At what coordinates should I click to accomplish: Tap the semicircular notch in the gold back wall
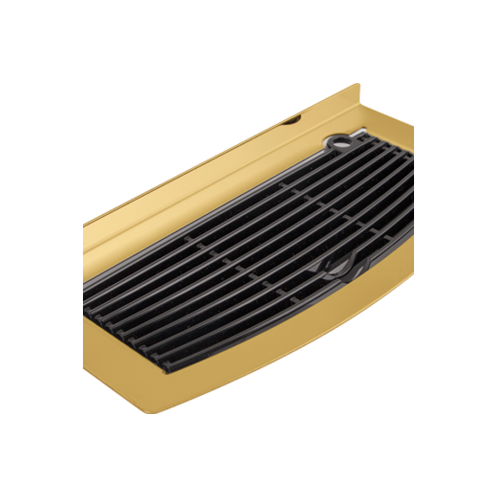(x=291, y=121)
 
